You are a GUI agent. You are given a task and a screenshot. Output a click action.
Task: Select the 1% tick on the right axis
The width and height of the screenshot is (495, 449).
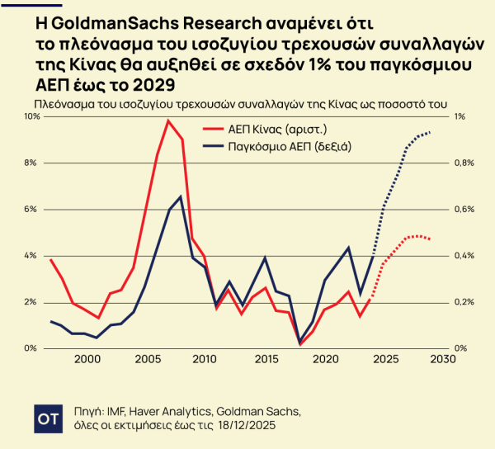tap(460, 117)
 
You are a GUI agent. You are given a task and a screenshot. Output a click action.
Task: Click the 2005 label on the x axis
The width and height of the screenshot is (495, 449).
tap(148, 359)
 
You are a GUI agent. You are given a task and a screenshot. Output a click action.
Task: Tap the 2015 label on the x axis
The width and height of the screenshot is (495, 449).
tap(265, 359)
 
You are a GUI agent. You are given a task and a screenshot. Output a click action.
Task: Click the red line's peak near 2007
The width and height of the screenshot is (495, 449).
tap(168, 121)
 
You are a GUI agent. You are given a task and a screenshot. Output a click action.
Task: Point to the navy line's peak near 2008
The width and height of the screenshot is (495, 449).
tap(181, 196)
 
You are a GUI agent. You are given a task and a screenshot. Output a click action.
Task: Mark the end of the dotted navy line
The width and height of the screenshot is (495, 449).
tap(431, 132)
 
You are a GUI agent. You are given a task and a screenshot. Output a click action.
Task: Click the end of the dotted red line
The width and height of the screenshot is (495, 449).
tap(431, 239)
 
